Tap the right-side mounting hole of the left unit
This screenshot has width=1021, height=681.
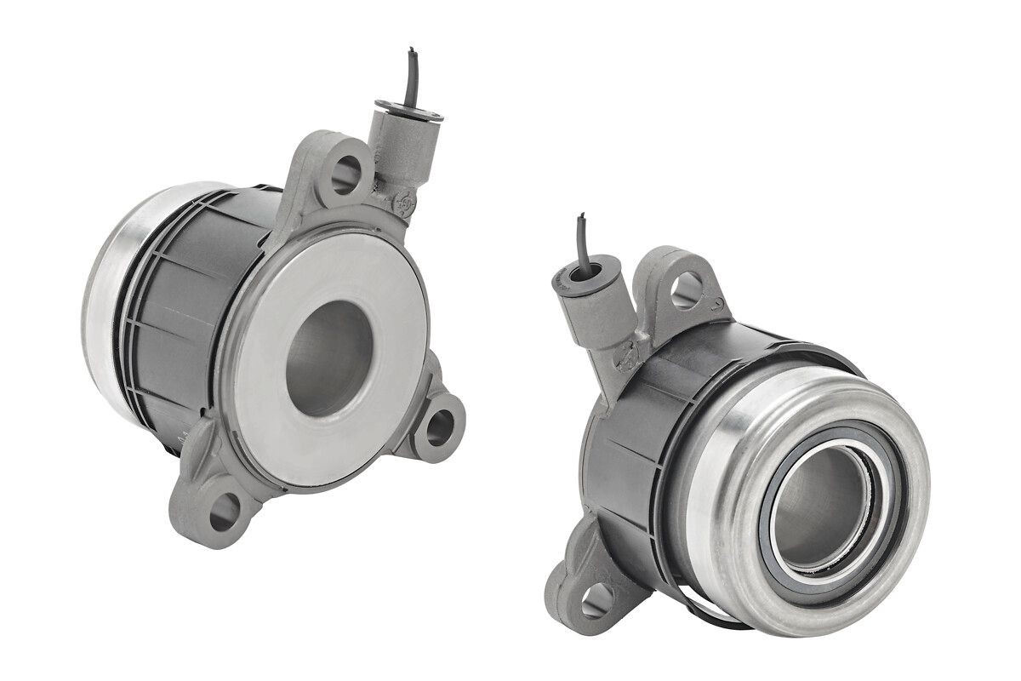439,426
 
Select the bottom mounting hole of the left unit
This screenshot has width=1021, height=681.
224,508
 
